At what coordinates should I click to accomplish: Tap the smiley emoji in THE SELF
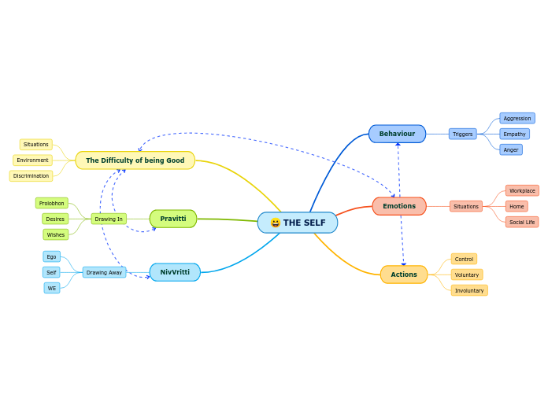coord(275,223)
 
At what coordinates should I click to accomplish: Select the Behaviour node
coord(397,134)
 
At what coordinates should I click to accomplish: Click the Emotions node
coord(399,206)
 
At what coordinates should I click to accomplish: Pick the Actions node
coord(404,275)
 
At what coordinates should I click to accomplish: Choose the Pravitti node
coord(173,219)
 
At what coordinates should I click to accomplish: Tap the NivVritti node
coord(175,272)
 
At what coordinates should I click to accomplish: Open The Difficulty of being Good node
coord(135,160)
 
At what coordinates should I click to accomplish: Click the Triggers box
coord(463,134)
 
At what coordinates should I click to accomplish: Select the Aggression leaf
coord(517,118)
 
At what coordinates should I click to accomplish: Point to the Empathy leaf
coord(515,134)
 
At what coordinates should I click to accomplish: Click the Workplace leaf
coord(522,190)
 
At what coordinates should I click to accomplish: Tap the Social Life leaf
coord(522,222)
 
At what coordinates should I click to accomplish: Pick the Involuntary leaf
coord(469,290)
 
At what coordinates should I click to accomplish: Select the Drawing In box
coord(109,219)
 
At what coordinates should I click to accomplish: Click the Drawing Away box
coord(104,272)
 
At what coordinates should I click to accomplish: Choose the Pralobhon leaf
coord(52,203)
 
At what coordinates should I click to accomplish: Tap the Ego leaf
coord(51,256)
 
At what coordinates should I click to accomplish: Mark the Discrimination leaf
coord(31,175)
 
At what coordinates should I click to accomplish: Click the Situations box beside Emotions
coord(466,206)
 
